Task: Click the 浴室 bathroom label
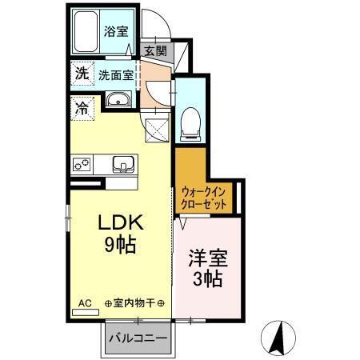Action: [115, 33]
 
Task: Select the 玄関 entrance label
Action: [154, 50]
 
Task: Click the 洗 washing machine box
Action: [81, 73]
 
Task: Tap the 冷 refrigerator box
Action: [82, 106]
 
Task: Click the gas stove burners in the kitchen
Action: [82, 164]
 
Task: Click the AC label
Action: [86, 303]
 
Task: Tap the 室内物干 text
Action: [134, 303]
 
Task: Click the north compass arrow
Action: [280, 339]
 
